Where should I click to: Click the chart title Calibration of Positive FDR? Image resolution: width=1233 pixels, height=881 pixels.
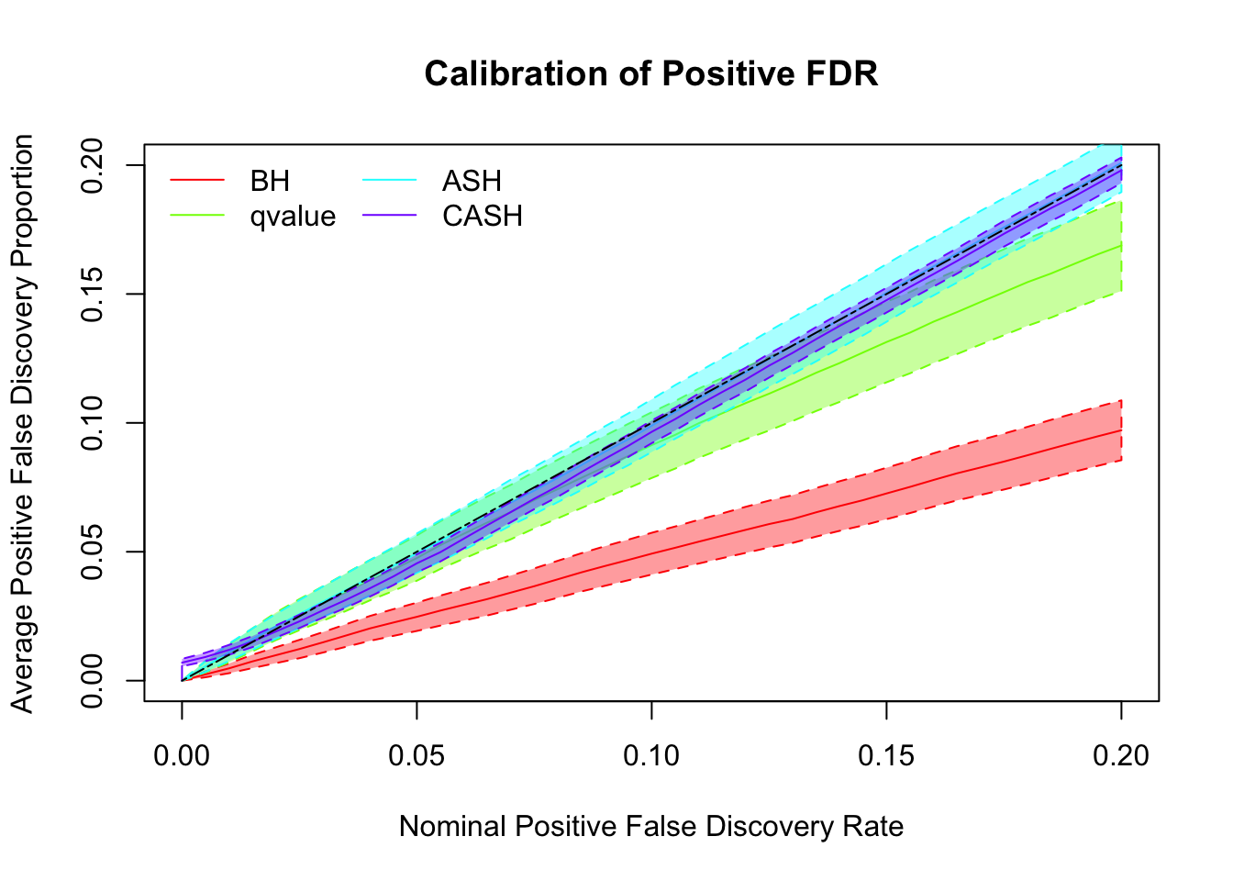pos(651,74)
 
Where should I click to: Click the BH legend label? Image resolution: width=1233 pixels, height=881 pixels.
pos(270,181)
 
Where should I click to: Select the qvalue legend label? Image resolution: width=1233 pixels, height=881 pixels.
pos(293,217)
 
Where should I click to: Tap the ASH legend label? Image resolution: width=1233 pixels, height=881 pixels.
pos(472,181)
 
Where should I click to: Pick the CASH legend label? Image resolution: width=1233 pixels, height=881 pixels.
pos(483,217)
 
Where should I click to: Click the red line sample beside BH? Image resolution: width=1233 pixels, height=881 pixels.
pos(197,181)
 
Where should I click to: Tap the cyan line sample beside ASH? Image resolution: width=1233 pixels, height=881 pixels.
pos(390,181)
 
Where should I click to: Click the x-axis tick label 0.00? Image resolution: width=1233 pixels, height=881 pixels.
pos(182,756)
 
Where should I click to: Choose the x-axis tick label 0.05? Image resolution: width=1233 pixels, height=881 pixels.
pos(417,756)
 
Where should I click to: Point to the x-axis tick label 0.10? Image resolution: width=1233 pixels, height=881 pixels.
pos(651,756)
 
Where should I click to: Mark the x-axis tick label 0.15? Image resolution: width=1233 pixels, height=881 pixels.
pos(886,756)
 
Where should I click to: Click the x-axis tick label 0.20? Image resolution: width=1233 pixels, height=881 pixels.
pos(1121,756)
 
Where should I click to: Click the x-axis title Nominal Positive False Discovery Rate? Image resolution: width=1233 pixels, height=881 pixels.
pos(651,827)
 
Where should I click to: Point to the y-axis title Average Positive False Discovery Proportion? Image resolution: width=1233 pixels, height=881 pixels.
pos(23,423)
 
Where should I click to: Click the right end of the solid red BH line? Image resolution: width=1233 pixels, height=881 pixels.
pos(1121,430)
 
